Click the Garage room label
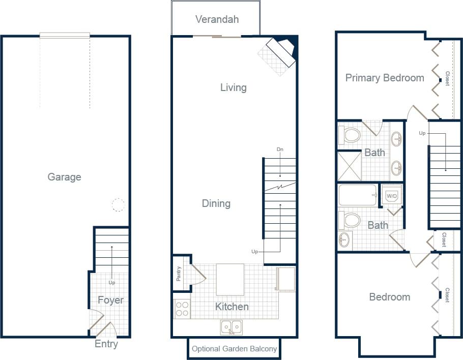coord(64,177)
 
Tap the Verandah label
coord(217,19)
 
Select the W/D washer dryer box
coord(391,195)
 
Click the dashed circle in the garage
coord(118,205)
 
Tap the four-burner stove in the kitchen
coord(183,309)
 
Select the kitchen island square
coord(230,279)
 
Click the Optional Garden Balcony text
coord(235,349)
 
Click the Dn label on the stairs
coord(279,149)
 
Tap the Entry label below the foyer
coord(106,344)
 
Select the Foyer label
coord(110,300)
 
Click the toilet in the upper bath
coord(350,135)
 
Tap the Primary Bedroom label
coord(385,78)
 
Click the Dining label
coord(216,203)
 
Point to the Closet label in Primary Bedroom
coord(447,78)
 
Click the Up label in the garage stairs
coord(112,282)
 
